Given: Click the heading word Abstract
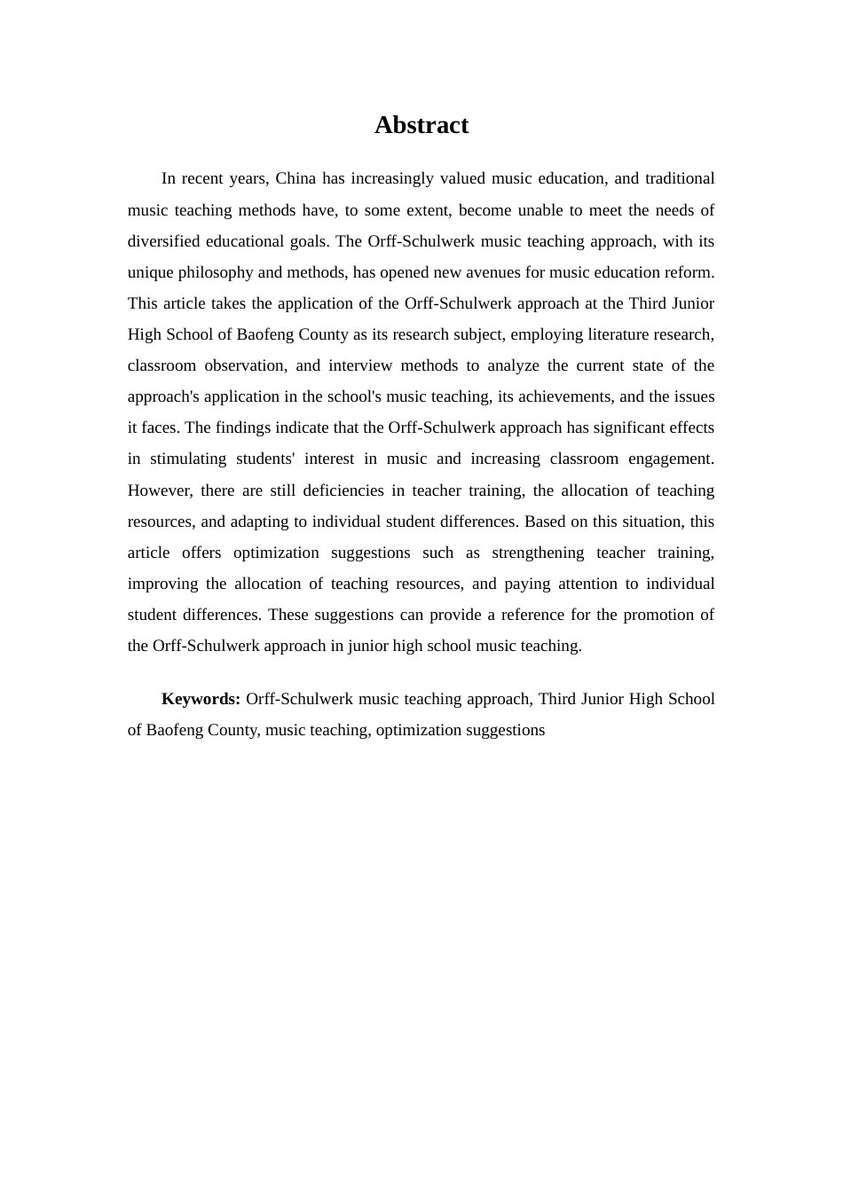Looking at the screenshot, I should [x=421, y=125].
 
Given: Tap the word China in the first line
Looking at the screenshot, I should [x=295, y=178].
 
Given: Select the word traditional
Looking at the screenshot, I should [x=680, y=178].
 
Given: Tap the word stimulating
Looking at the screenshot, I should [x=189, y=459].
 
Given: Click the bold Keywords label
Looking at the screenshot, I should [x=201, y=699].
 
